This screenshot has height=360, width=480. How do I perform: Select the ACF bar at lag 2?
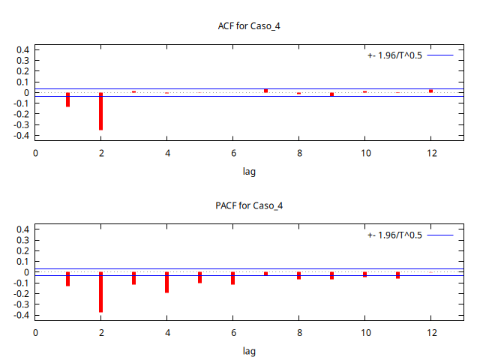100,111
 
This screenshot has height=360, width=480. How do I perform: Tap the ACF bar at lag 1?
67,100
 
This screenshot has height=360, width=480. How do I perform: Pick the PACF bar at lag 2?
100,292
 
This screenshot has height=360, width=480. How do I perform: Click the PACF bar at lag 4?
166,282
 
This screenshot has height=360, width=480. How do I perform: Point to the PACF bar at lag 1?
67,279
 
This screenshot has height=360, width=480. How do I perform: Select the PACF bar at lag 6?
232,278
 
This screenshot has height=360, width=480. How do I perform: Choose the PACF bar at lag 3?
133,278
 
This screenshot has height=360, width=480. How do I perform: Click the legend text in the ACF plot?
395,55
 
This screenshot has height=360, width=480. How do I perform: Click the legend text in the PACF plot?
395,235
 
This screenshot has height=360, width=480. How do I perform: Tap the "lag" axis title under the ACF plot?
249,172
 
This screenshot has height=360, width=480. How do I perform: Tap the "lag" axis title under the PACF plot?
249,351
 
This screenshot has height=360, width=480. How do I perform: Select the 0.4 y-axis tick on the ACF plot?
22,50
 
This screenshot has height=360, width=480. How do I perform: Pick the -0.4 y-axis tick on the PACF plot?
21,316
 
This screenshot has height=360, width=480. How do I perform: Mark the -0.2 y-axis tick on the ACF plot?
21,115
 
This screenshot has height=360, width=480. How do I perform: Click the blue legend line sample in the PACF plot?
442,235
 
